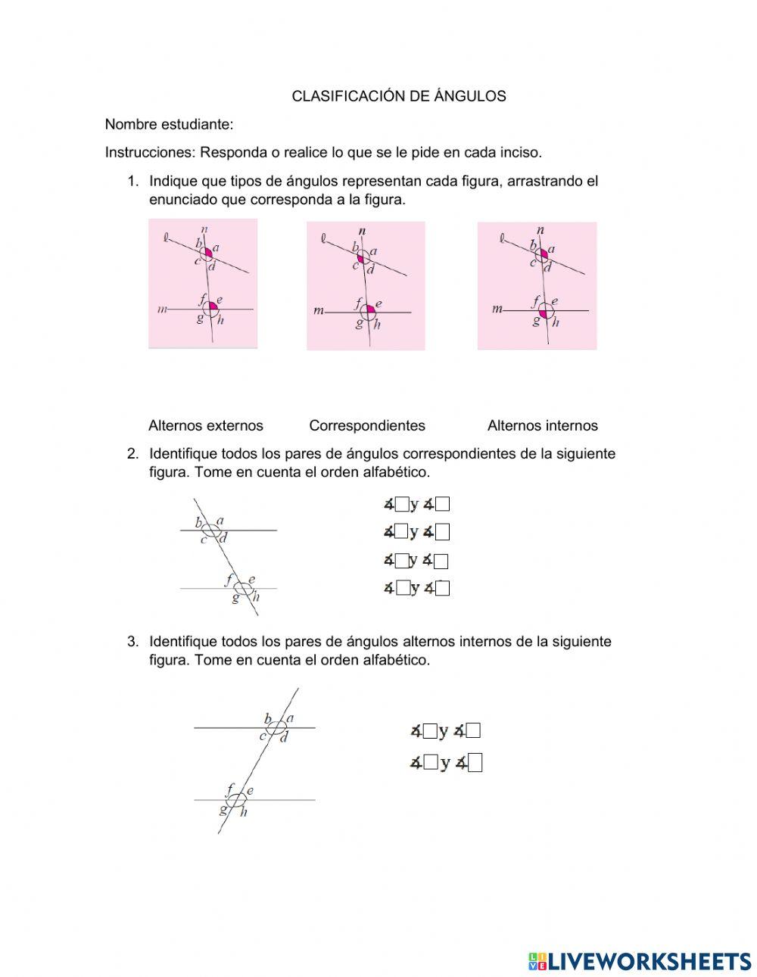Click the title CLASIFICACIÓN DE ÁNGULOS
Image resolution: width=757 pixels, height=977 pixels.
[x=399, y=96]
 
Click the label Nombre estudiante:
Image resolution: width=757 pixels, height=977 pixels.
[x=169, y=124]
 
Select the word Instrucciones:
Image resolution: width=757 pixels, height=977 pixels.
[x=150, y=152]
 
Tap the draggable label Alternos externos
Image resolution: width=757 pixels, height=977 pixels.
[x=206, y=425]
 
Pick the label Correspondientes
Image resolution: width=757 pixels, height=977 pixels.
[x=367, y=425]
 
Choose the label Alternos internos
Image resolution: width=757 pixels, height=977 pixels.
[x=542, y=425]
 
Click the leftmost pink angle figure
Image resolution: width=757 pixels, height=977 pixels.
[x=203, y=284]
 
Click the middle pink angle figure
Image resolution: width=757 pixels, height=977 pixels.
[x=366, y=286]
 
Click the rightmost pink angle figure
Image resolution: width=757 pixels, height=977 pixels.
[x=537, y=286]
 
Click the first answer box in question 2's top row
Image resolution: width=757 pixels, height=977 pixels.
[x=402, y=504]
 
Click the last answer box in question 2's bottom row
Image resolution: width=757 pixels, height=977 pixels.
[x=443, y=588]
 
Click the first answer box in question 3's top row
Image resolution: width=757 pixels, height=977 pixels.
[x=430, y=731]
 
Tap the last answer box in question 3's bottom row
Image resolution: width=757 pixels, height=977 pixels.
[x=475, y=764]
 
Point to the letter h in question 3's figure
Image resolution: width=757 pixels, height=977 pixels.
[x=244, y=813]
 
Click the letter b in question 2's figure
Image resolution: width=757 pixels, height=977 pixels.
[x=199, y=522]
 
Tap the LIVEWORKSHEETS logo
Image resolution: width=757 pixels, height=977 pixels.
[x=640, y=961]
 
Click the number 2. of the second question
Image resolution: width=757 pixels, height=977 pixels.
[x=133, y=454]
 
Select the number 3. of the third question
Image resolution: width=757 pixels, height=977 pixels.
[x=133, y=642]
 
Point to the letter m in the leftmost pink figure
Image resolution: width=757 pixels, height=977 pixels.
[x=161, y=309]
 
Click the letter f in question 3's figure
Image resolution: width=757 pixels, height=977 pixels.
[x=230, y=789]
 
